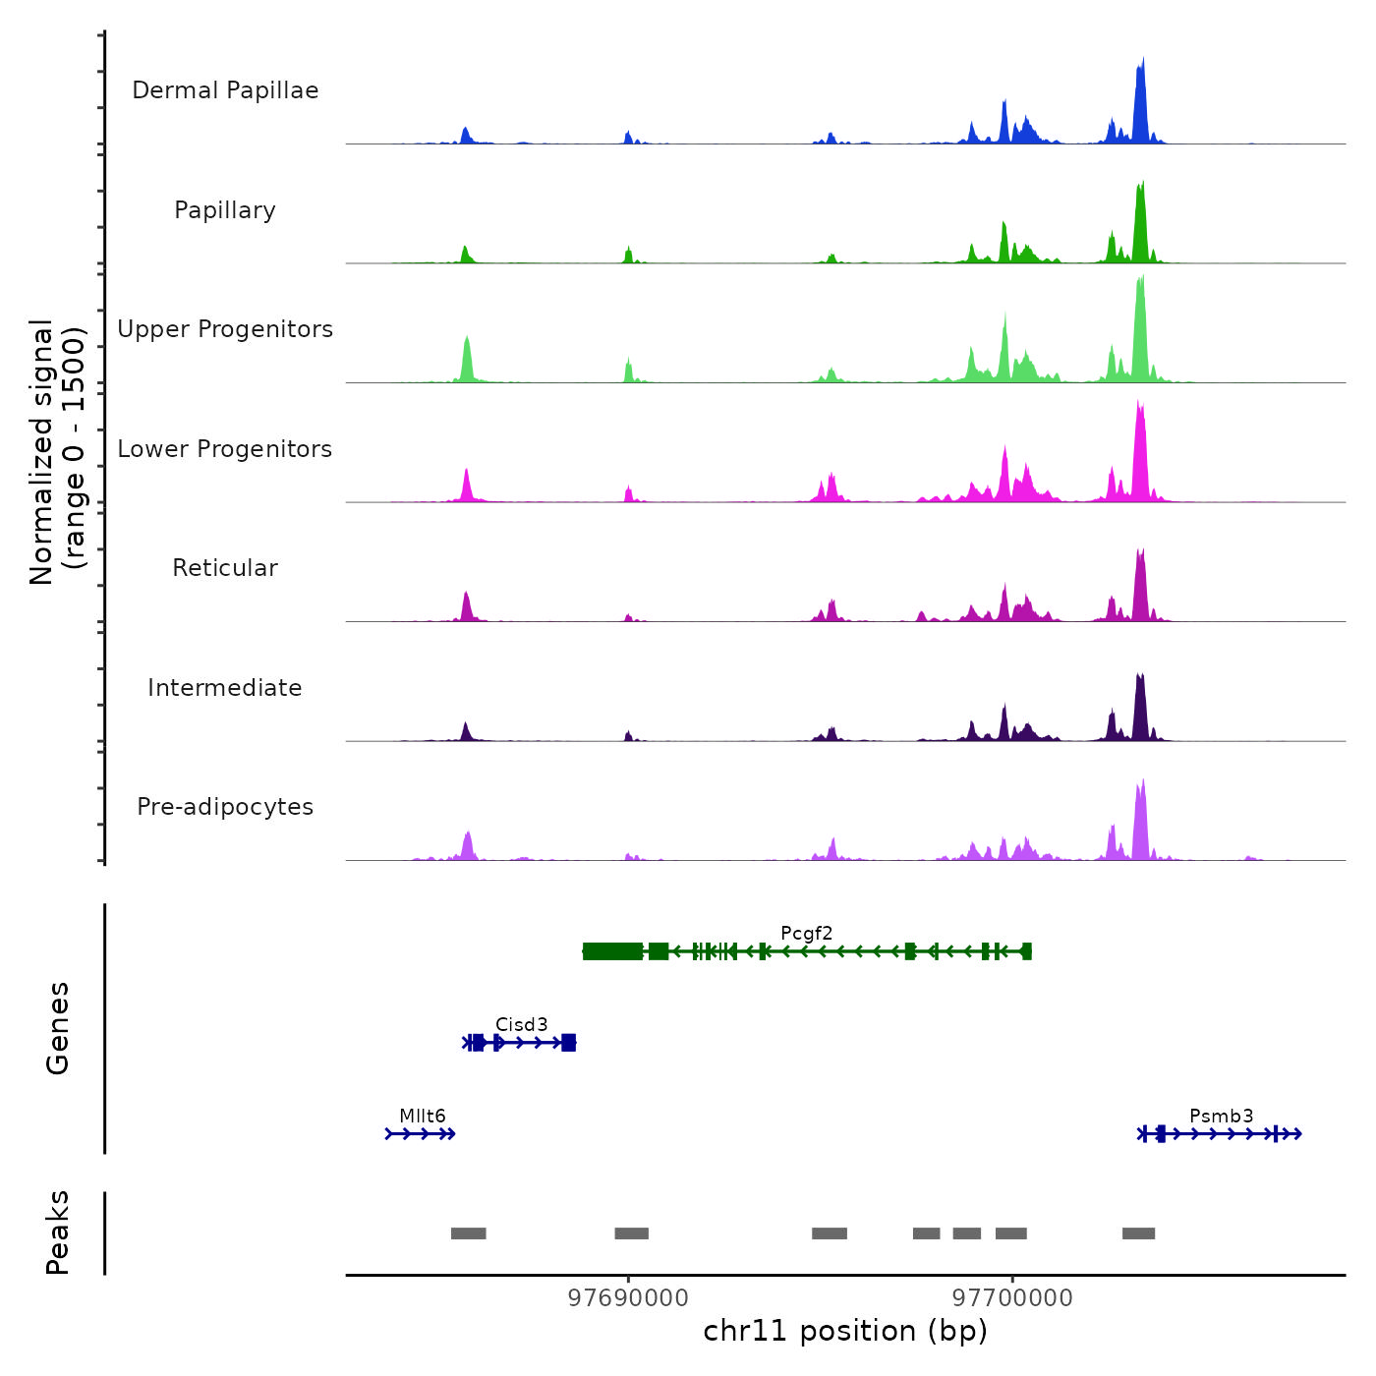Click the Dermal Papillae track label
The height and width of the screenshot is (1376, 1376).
[225, 90]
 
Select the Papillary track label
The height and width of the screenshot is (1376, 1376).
[225, 210]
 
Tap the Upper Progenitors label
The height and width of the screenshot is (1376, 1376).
[225, 329]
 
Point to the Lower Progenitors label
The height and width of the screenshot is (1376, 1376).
[225, 449]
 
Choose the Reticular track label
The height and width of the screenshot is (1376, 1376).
[225, 568]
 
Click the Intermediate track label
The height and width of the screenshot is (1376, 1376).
[225, 688]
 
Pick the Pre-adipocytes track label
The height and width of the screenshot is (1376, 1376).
[225, 807]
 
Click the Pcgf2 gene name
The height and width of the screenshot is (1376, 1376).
[806, 933]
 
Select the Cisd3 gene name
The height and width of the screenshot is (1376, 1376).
[521, 1024]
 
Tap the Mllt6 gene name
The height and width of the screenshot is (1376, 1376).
[423, 1116]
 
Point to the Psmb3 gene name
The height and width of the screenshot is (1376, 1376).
[1221, 1116]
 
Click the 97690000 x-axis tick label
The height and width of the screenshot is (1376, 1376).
[628, 1298]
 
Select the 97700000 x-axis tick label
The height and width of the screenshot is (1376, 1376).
[1012, 1298]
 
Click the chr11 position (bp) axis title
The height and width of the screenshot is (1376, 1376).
[845, 1331]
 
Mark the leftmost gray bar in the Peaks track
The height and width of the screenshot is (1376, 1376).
[469, 1233]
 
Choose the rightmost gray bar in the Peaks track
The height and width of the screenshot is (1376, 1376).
[1138, 1233]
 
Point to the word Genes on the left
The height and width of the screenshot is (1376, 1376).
[58, 1028]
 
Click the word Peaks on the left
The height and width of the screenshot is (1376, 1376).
[58, 1233]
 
